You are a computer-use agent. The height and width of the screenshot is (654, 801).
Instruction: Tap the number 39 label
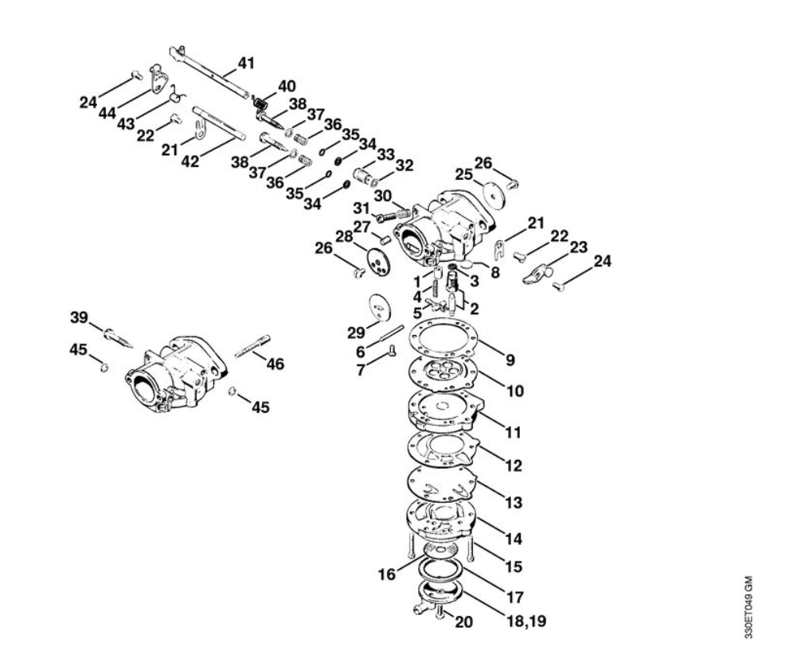(x=79, y=318)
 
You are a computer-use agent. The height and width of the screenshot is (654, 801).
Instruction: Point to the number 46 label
(x=275, y=364)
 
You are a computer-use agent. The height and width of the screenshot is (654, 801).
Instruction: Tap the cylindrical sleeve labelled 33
(x=364, y=172)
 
